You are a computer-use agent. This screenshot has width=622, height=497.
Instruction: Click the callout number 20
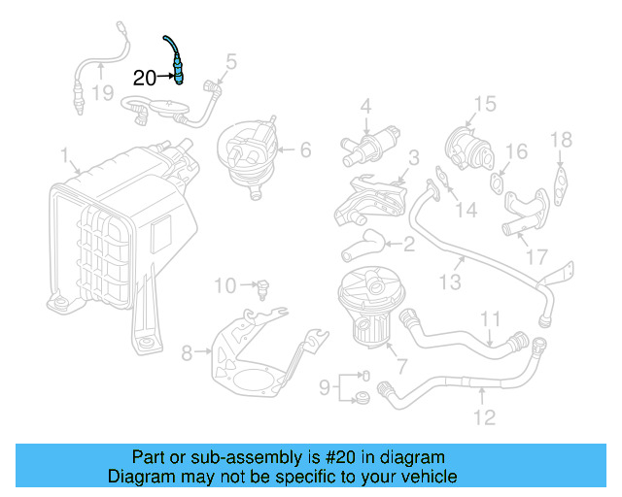[x=144, y=79]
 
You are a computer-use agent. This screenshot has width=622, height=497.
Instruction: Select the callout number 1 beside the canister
[x=64, y=154]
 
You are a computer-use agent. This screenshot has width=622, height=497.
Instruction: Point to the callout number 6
[x=304, y=149]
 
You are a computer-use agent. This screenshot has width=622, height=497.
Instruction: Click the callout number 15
[x=484, y=104]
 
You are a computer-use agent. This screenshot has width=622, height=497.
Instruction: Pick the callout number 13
[x=449, y=282]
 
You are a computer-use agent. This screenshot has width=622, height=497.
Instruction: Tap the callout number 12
[x=484, y=417]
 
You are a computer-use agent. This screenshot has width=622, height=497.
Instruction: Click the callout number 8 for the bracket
[x=188, y=349]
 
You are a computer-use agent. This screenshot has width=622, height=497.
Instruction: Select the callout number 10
[x=225, y=285]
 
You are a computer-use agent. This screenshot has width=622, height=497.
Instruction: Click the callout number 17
[x=537, y=258]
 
